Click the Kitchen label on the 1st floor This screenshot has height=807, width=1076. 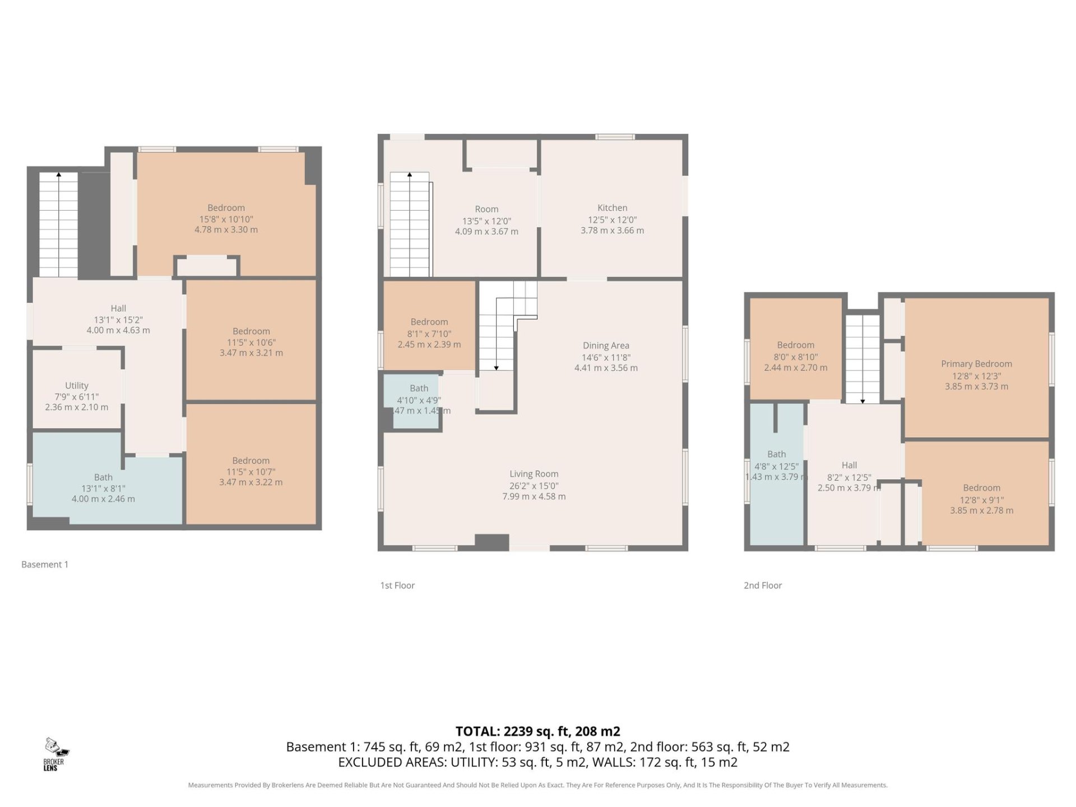[x=612, y=208]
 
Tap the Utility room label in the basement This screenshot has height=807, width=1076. [x=76, y=386]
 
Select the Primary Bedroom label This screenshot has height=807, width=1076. [x=976, y=364]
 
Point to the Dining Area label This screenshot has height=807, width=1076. [x=606, y=346]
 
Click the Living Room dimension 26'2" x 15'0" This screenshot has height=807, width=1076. [x=534, y=486]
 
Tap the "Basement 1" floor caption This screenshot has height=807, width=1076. [x=45, y=564]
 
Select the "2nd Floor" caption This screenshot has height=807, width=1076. [x=763, y=585]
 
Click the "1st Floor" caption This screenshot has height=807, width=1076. [x=397, y=585]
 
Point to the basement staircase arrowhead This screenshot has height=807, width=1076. [x=59, y=175]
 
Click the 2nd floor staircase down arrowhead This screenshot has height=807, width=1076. [x=862, y=401]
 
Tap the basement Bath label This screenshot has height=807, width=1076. [x=103, y=477]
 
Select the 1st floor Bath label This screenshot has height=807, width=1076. [x=419, y=388]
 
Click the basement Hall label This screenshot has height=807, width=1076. [x=118, y=308]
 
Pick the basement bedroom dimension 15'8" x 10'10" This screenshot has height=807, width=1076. [x=226, y=219]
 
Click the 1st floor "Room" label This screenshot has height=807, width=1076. [x=486, y=209]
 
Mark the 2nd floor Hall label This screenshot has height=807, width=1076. [x=849, y=465]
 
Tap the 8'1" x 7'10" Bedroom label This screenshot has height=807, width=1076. [x=429, y=322]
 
